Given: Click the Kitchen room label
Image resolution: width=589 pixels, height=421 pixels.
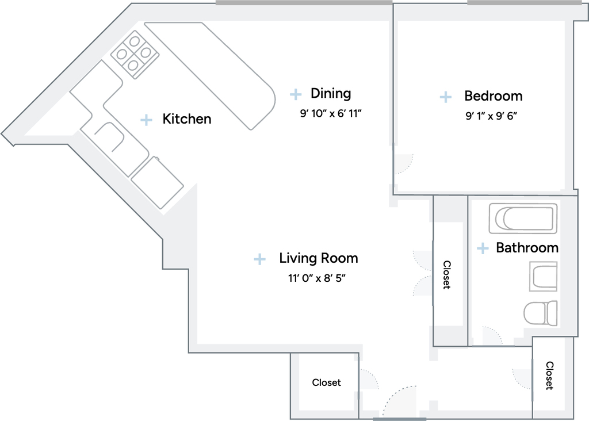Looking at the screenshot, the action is click(187, 118).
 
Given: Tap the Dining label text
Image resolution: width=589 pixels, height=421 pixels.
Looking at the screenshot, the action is click(331, 94).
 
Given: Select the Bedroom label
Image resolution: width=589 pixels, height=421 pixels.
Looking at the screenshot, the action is click(493, 96).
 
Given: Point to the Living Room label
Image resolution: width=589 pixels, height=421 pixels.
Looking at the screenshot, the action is click(319, 258).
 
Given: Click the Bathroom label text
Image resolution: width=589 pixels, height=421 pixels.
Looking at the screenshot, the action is click(527, 247).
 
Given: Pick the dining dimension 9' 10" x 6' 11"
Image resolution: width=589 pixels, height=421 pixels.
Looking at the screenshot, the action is click(331, 113).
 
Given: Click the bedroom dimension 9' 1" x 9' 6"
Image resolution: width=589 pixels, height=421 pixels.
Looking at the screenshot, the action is click(491, 116).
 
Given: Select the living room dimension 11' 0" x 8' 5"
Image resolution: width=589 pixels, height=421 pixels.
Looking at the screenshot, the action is click(317, 278).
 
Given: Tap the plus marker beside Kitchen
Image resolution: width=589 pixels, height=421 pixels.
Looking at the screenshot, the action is click(146, 120).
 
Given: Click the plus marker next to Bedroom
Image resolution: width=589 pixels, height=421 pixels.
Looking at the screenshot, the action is click(446, 97).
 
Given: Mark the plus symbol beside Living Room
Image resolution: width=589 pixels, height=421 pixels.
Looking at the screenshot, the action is click(259, 259).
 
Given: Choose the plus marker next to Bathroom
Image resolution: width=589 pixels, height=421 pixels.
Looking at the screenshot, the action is click(483, 248).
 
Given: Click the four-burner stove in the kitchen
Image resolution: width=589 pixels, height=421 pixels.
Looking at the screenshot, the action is click(135, 55).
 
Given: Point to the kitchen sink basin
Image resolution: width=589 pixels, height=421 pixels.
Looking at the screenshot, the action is click(109, 137).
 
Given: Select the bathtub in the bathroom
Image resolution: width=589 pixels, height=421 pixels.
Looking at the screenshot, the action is click(523, 218).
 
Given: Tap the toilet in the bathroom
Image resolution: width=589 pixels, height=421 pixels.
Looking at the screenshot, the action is click(540, 313).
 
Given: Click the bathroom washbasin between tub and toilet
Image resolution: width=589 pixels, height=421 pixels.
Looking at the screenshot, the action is click(543, 277).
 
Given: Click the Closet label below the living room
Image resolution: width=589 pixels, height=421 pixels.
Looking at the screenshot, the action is click(327, 382).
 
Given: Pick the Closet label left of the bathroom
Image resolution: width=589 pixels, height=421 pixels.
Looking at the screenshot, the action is click(446, 274).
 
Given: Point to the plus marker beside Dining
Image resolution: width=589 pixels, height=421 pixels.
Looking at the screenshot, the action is click(296, 94).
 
